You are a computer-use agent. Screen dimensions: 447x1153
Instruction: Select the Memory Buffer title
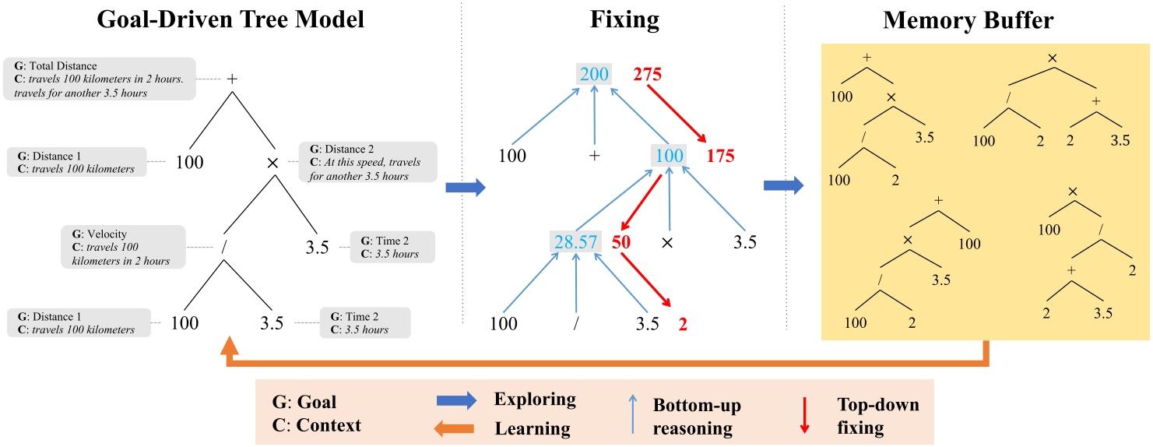click(x=968, y=21)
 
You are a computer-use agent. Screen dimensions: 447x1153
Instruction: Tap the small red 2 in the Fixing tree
click(x=683, y=324)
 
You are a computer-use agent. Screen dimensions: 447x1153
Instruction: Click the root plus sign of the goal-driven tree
click(x=231, y=79)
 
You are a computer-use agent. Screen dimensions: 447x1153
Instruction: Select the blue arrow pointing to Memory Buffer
click(x=782, y=185)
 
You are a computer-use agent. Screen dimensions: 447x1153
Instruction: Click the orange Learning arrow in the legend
click(x=455, y=428)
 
